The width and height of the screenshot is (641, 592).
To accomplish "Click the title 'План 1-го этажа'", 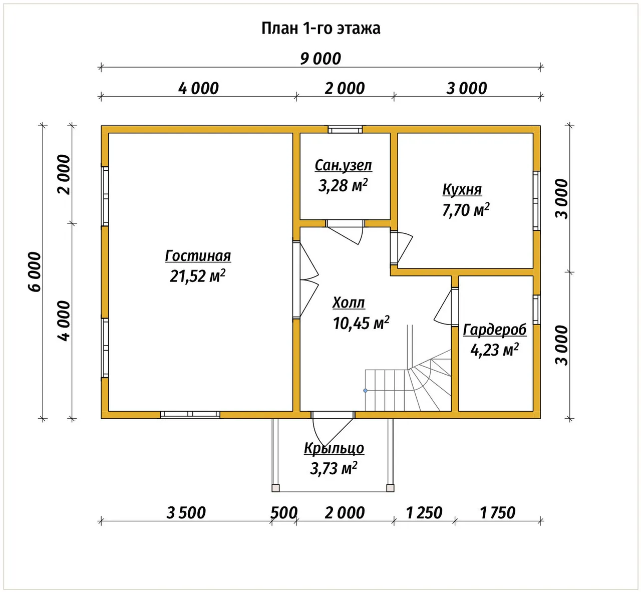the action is pyautogui.click(x=321, y=29).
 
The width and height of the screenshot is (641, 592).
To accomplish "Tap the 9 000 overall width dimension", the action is pyautogui.click(x=320, y=59).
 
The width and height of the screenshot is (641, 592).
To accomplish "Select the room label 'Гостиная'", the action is pyautogui.click(x=198, y=256).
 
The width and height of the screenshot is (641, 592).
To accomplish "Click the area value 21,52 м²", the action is pyautogui.click(x=197, y=276).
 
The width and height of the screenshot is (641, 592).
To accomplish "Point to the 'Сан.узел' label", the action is pyautogui.click(x=343, y=165).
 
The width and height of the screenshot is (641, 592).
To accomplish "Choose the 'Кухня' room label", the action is pyautogui.click(x=462, y=190).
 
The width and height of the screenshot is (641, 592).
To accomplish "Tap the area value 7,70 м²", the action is pyautogui.click(x=465, y=210).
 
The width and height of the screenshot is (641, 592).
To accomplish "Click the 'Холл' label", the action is pyautogui.click(x=349, y=303).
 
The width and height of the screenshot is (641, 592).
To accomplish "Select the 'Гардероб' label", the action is pyautogui.click(x=494, y=330).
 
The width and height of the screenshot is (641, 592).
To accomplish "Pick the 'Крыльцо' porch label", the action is pyautogui.click(x=334, y=448).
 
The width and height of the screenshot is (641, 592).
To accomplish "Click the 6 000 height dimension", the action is pyautogui.click(x=35, y=272).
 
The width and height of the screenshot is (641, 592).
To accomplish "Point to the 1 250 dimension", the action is pyautogui.click(x=424, y=513).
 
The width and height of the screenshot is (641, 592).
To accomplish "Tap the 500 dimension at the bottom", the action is pyautogui.click(x=284, y=513).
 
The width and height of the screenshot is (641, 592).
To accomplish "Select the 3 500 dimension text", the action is pyautogui.click(x=186, y=513).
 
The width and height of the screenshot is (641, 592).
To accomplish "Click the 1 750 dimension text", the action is pyautogui.click(x=497, y=513).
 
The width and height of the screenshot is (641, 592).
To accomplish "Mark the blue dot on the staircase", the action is pyautogui.click(x=366, y=391).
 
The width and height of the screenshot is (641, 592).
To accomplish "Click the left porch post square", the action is pyautogui.click(x=275, y=488).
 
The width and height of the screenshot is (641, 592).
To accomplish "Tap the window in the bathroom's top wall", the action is pyautogui.click(x=345, y=130).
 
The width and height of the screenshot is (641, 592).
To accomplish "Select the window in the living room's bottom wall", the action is pyautogui.click(x=190, y=415).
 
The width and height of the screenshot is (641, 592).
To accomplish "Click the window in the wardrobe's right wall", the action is pyautogui.click(x=536, y=310).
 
